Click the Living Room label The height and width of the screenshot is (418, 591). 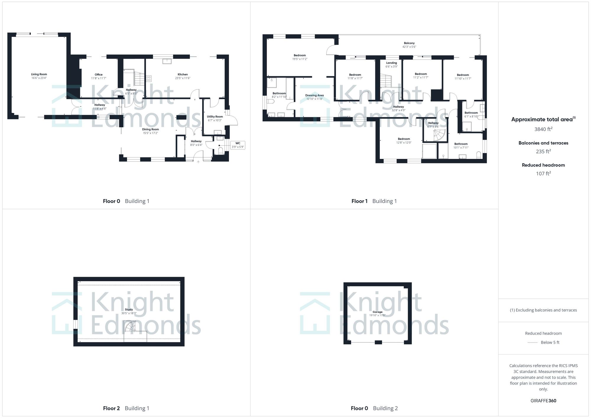pos(39,74)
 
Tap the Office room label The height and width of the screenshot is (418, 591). pos(99,75)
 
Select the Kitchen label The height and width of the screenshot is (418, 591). pos(183,74)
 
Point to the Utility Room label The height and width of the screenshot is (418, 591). pos(215,117)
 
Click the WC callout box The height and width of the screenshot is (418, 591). pos(238,145)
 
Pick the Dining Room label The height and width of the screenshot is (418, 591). pos(150,129)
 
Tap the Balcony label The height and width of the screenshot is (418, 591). pos(409,43)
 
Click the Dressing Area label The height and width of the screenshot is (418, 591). pos(314,95)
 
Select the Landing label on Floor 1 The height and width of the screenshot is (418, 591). pos(392,63)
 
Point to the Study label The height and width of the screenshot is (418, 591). pos(129,310)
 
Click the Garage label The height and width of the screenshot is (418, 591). pos(377,312)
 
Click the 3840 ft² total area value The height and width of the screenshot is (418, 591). pos(543,129)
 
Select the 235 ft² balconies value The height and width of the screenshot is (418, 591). pos(543,152)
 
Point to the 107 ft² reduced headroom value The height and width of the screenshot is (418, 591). pos(543,174)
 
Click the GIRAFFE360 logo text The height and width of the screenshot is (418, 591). pos(543,401)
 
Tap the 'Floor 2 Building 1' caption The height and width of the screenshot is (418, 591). pos(126,408)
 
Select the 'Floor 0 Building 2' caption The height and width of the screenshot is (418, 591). pos(374,408)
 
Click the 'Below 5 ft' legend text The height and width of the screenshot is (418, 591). pos(550,342)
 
